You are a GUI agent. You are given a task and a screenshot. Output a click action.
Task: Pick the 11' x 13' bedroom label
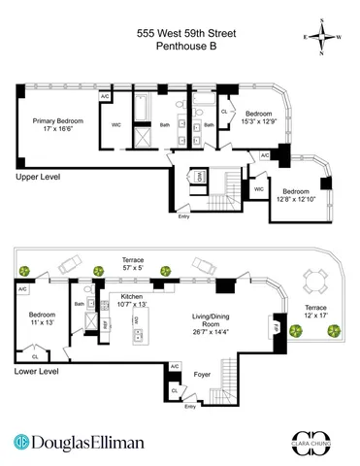[42, 319]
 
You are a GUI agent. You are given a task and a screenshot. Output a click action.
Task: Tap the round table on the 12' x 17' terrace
[311, 283]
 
